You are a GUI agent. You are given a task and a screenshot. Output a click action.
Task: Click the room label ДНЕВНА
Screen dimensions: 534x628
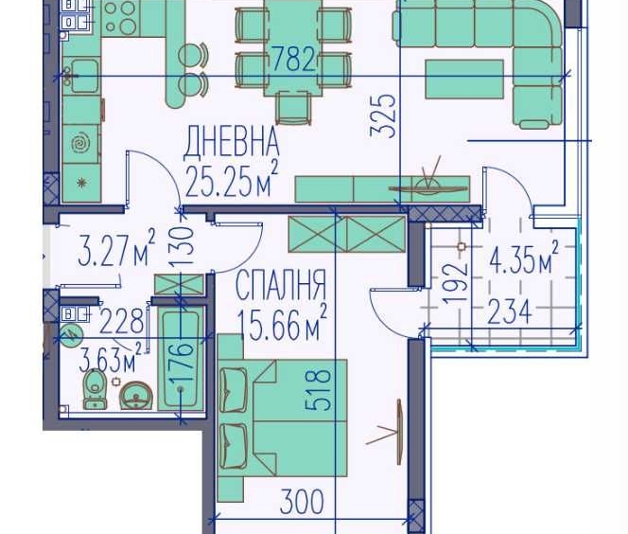pyautogui.click(x=232, y=143)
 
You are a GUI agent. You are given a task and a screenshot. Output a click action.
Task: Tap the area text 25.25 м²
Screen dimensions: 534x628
pyautogui.click(x=232, y=178)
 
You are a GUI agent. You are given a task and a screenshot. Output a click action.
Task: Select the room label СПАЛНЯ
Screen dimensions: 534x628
pyautogui.click(x=280, y=285)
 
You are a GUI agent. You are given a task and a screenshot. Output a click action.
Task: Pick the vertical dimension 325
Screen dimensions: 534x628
pyautogui.click(x=384, y=115)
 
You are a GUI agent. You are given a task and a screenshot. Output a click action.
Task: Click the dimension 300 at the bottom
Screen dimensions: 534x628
pyautogui.click(x=303, y=501)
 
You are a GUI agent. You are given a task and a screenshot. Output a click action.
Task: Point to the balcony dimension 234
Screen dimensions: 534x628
pyautogui.click(x=509, y=311)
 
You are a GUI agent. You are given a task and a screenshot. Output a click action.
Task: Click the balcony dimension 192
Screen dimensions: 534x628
pyautogui.click(x=456, y=280)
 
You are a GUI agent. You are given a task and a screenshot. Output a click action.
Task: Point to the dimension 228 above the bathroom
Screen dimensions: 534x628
pyautogui.click(x=124, y=320)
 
